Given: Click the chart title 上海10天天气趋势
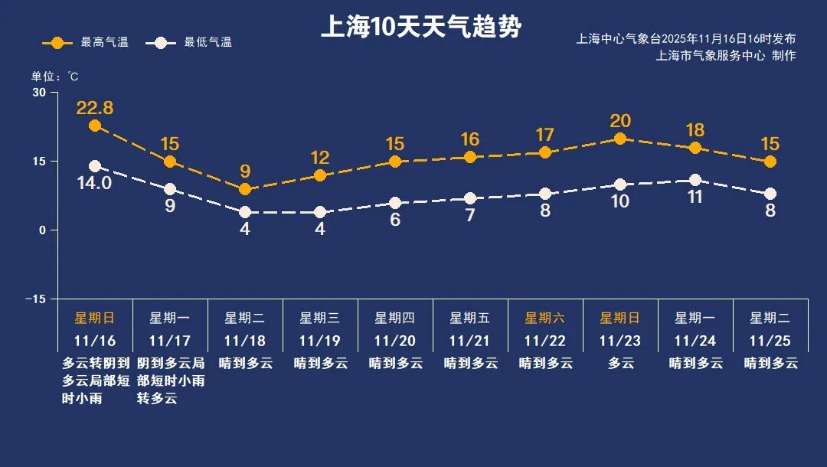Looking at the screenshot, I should (x=420, y=28).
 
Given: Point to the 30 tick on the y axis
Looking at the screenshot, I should (x=38, y=93).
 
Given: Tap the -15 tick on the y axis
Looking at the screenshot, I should (x=35, y=299).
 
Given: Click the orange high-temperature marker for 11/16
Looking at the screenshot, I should (x=95, y=126).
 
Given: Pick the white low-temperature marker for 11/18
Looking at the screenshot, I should (x=245, y=212).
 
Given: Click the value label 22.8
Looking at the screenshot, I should (x=95, y=108).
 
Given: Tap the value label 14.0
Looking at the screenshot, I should (x=95, y=183).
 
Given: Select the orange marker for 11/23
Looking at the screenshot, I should (x=620, y=139).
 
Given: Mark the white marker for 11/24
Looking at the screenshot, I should (x=695, y=180).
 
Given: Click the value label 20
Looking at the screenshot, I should (x=620, y=121).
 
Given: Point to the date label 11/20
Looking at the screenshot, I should (x=395, y=341).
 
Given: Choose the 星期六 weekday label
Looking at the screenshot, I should (x=545, y=318).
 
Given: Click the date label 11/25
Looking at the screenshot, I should (x=770, y=341).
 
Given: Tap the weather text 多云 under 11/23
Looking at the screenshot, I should (x=620, y=364).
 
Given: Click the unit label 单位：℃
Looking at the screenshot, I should (x=54, y=77).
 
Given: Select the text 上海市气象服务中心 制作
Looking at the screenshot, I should (x=725, y=55).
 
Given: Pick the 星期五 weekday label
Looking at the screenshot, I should (x=470, y=318).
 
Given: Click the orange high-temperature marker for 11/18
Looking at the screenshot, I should (x=245, y=189).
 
